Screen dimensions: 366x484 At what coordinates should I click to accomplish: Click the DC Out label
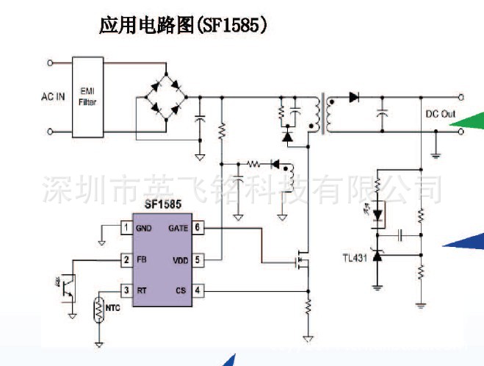point(441,114)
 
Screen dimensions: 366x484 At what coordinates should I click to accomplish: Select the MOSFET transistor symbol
point(300,261)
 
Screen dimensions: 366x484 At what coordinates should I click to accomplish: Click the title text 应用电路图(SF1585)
point(183,26)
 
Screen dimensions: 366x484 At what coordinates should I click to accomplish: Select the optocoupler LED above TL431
point(378,215)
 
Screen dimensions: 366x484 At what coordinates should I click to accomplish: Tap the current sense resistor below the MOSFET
point(308,305)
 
